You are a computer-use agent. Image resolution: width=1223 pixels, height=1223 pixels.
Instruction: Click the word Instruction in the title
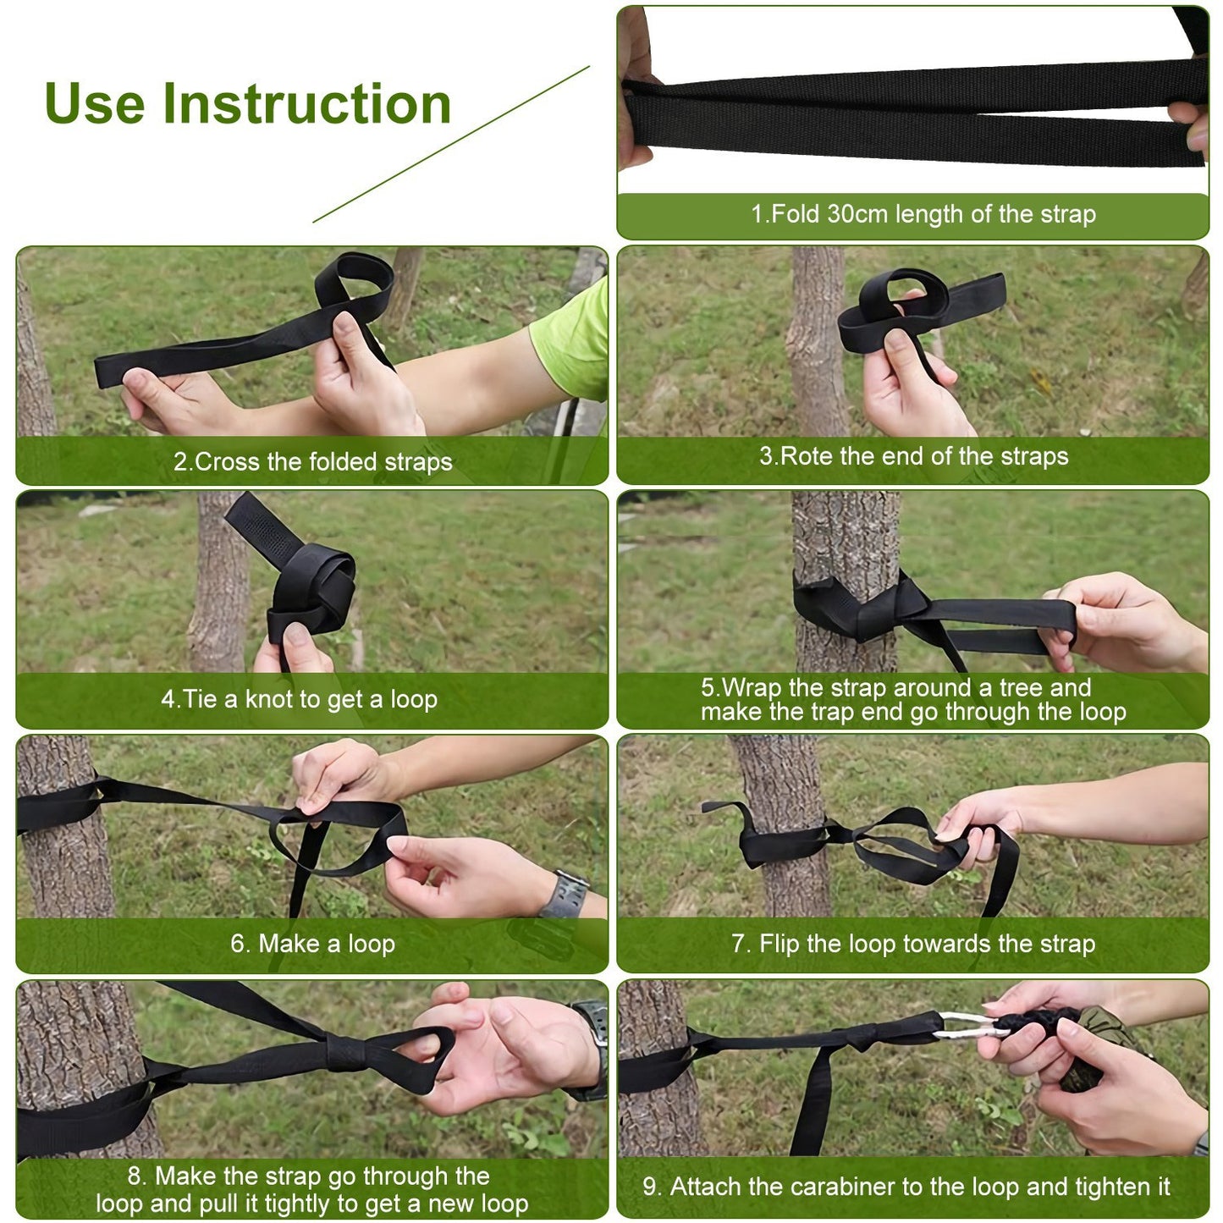[x=306, y=104]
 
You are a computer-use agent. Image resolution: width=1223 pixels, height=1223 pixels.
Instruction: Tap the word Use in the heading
[x=94, y=104]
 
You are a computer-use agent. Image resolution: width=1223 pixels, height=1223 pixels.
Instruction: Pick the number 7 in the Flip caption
[x=739, y=944]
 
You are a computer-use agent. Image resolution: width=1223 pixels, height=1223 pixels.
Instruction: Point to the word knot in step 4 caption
[x=269, y=700]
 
